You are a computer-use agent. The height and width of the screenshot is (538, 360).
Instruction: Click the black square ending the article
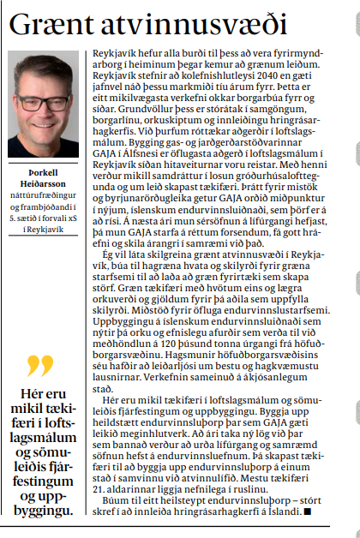(307, 511)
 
